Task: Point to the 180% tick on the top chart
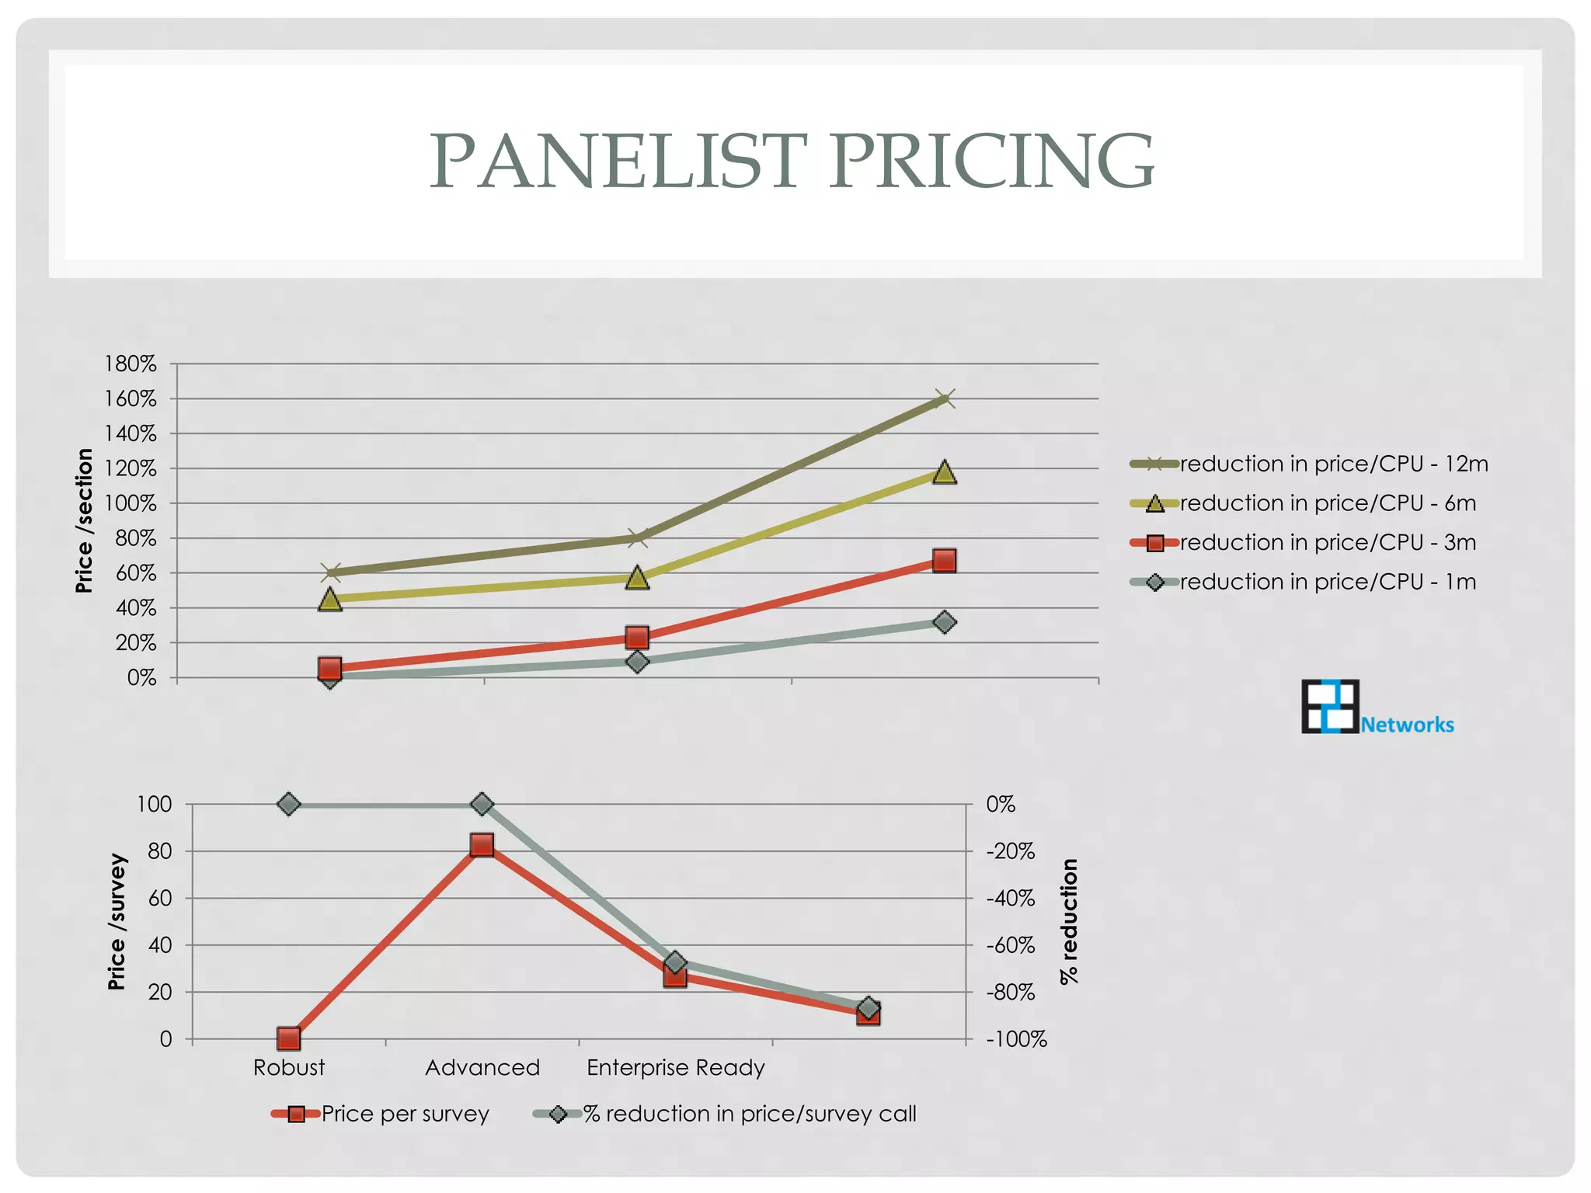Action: tap(131, 363)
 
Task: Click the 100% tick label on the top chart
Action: tap(131, 503)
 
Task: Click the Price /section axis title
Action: tap(84, 520)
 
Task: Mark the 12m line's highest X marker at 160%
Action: tap(944, 399)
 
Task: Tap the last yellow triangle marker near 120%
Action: tap(944, 472)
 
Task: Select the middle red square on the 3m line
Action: tap(637, 638)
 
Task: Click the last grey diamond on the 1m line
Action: tap(944, 622)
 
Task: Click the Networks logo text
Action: tap(1407, 725)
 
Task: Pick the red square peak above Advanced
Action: tap(482, 845)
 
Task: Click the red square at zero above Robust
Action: tap(289, 1038)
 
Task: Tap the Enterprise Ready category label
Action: tap(676, 1068)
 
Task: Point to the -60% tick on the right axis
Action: tap(1010, 945)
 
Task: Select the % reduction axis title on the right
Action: tap(1070, 921)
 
